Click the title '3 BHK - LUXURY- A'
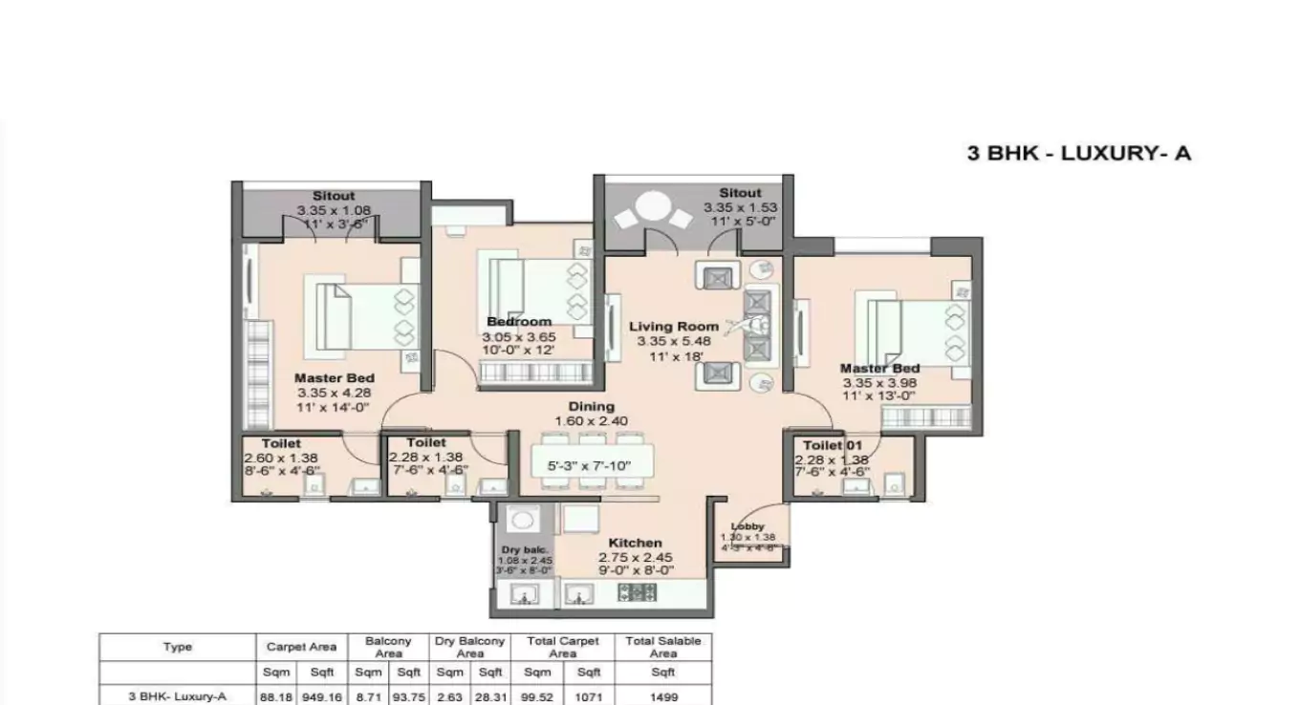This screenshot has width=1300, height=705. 1079,153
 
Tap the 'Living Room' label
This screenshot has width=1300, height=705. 674,327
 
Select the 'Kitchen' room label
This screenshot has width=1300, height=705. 635,543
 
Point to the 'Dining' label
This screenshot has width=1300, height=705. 592,406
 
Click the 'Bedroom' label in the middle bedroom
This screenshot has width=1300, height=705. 519,322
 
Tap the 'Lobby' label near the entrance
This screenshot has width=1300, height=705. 747,526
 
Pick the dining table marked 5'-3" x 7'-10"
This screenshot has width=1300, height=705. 587,466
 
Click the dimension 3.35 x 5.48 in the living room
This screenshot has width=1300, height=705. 674,341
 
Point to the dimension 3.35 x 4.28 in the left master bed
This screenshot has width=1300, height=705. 333,392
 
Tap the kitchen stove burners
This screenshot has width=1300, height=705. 638,593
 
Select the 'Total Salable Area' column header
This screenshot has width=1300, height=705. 662,647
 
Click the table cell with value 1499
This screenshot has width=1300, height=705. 662,697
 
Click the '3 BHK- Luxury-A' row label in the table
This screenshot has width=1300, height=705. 177,697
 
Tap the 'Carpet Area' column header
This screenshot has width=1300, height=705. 301,647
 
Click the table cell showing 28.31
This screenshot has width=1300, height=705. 490,697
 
